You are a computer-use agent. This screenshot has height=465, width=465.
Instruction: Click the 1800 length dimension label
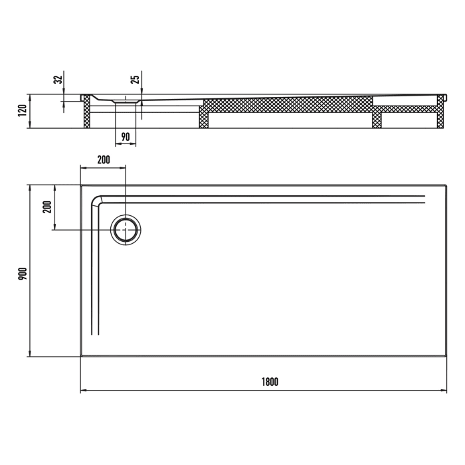click(269, 382)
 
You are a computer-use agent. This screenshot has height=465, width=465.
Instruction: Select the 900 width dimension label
click(21, 271)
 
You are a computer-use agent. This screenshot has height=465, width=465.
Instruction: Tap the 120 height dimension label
click(22, 111)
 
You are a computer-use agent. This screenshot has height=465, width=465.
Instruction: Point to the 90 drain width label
click(126, 138)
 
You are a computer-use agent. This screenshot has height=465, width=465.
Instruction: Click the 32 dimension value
click(58, 80)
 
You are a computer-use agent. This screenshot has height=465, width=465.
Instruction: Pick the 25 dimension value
click(135, 80)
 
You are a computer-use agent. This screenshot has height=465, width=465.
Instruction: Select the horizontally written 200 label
click(103, 160)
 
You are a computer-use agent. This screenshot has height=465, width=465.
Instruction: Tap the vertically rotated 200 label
click(46, 207)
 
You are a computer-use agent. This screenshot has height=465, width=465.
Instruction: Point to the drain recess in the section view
click(126, 102)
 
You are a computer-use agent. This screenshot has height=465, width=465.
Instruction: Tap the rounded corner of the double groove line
click(98, 201)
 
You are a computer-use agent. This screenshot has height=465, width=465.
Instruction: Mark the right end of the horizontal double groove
click(424, 199)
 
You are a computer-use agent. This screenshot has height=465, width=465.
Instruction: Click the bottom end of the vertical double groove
click(96, 335)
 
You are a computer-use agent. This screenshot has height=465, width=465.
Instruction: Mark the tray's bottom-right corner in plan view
click(446, 357)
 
